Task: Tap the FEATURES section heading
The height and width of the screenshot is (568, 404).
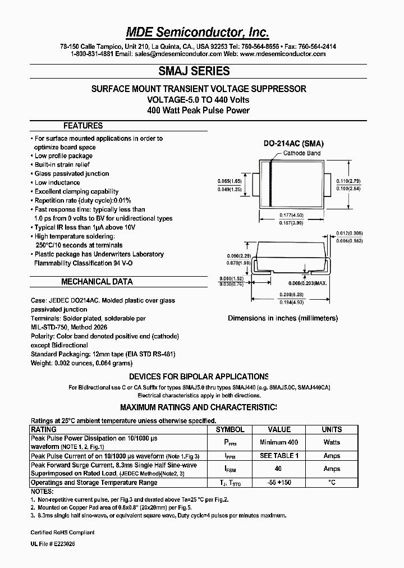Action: click(x=83, y=126)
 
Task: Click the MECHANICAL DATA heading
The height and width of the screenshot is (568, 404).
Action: click(x=97, y=282)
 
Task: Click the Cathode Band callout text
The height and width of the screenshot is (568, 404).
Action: click(x=302, y=153)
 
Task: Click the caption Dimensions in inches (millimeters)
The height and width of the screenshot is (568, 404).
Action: click(x=283, y=318)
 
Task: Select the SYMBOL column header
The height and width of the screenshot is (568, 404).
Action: click(x=230, y=429)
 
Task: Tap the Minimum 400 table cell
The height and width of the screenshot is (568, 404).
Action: click(x=279, y=443)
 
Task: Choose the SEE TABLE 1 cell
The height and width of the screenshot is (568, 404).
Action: click(x=279, y=456)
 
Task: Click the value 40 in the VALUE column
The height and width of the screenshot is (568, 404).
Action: click(x=279, y=469)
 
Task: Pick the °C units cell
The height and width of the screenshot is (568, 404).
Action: click(x=332, y=483)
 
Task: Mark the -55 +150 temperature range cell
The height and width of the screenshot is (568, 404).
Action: click(x=279, y=483)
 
